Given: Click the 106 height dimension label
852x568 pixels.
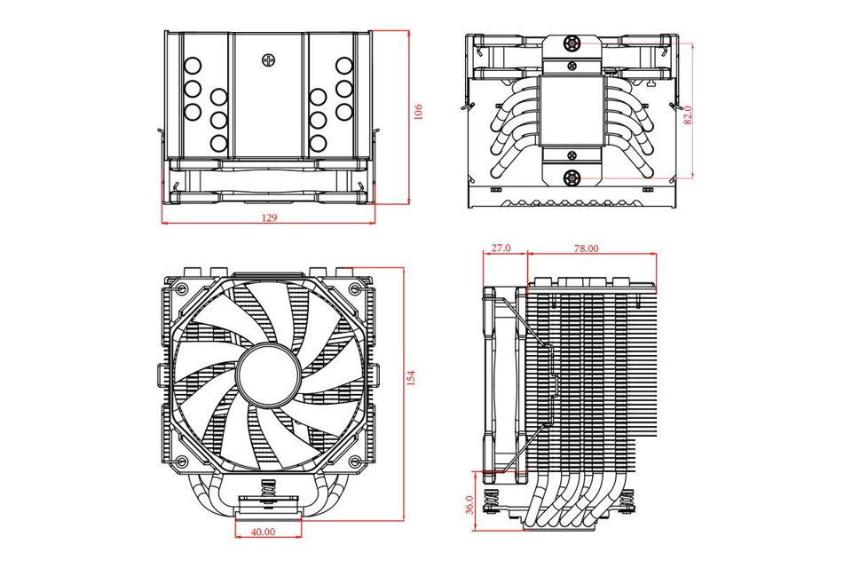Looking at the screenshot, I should (419, 112).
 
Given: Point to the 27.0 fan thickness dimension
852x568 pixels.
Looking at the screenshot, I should (501, 249).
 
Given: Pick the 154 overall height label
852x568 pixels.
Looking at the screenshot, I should (410, 379).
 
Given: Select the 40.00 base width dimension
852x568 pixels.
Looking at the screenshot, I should (263, 532).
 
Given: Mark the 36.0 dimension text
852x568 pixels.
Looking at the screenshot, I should (469, 505).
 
